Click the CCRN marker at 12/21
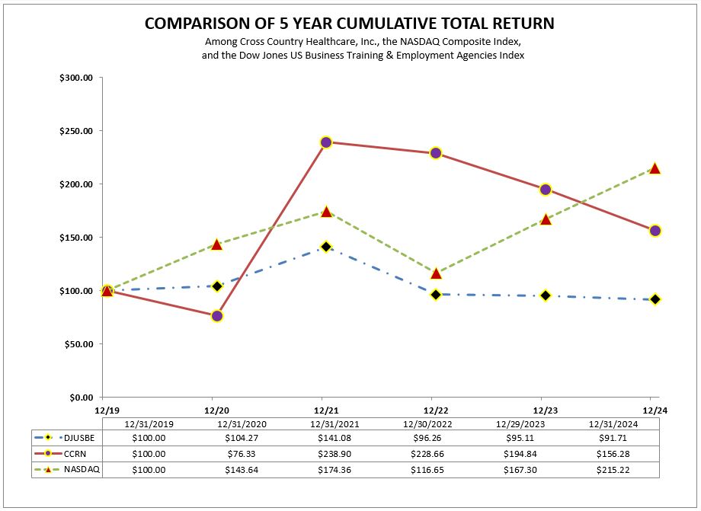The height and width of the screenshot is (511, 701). point(326,142)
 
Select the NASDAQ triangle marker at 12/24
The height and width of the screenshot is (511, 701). point(655,168)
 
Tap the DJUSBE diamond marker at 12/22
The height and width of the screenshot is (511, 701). point(436,294)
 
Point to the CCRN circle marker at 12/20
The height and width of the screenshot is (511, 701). point(216,315)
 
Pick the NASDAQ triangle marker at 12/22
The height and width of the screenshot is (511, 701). point(436,273)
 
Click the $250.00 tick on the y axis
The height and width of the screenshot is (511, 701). point(76,131)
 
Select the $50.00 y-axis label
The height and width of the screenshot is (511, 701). point(78,344)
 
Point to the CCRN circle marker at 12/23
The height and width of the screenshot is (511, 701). point(546,190)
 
